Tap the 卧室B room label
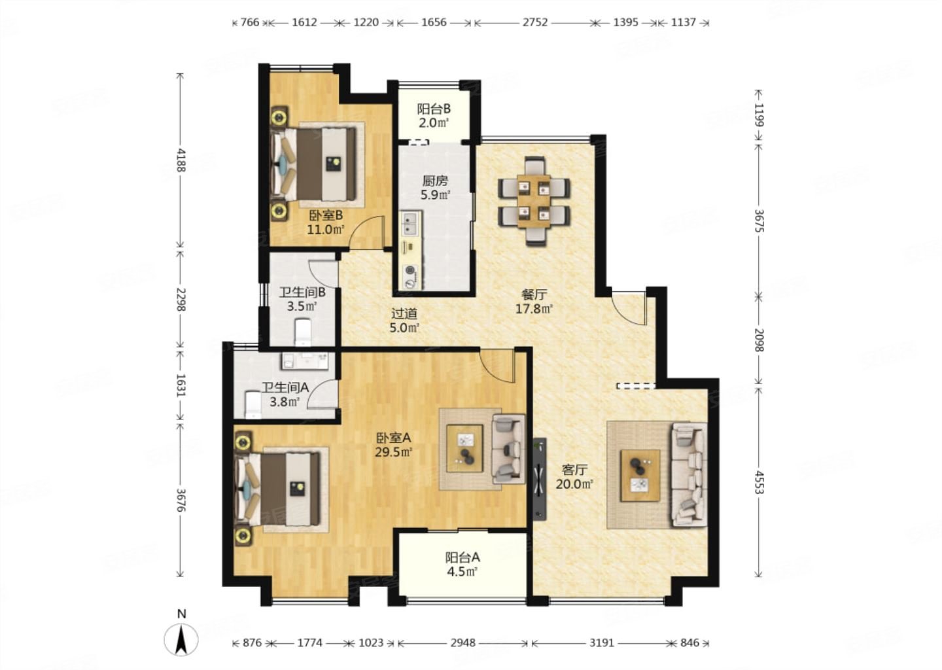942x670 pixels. [326, 215]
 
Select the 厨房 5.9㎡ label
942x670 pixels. [435, 188]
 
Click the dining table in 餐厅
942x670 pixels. [534, 202]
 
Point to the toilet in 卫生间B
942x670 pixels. [303, 332]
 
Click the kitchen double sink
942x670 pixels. [408, 223]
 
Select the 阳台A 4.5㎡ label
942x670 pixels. [462, 564]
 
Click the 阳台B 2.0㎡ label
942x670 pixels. [434, 116]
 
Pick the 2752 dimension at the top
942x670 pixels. [535, 22]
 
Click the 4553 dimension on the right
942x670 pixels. [758, 482]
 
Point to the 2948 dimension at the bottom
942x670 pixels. [462, 643]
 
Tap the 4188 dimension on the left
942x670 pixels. [181, 160]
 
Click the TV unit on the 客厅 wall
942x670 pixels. [539, 479]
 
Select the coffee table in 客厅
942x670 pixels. [640, 475]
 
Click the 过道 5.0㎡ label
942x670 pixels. [404, 321]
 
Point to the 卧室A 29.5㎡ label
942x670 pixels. [393, 445]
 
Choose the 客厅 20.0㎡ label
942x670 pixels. [574, 477]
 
